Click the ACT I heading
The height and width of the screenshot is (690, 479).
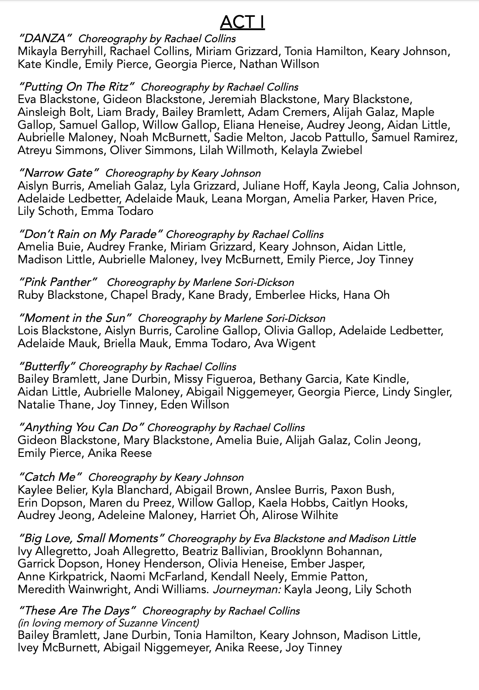point(242,22)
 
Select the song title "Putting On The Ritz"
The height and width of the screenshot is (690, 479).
point(76,87)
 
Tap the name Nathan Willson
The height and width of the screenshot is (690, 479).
point(279,64)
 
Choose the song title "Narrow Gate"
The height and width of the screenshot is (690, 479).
point(59,173)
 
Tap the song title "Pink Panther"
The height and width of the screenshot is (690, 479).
point(58,282)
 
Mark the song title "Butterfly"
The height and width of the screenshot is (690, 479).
point(46,367)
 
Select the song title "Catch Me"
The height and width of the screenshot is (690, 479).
point(50,477)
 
